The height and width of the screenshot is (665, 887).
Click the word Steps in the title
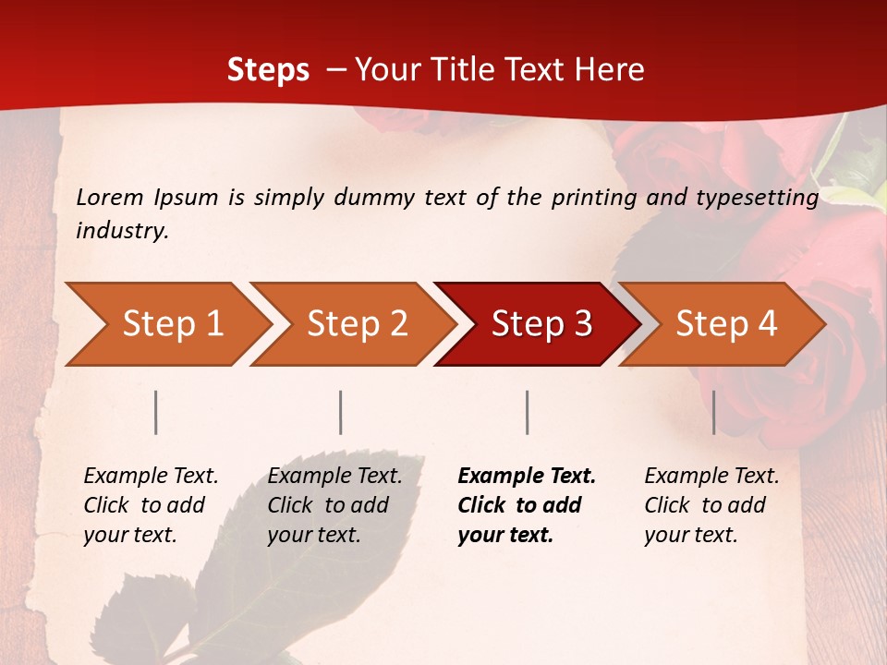pyautogui.click(x=268, y=70)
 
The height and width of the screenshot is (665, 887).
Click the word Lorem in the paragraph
pyautogui.click(x=110, y=198)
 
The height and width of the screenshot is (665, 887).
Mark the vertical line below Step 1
pyautogui.click(x=156, y=412)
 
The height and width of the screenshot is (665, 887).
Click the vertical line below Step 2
pyautogui.click(x=341, y=412)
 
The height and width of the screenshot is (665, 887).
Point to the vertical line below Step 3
pyautogui.click(x=528, y=412)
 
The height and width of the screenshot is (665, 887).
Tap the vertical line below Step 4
pyautogui.click(x=714, y=412)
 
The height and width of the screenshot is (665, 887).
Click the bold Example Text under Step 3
pyautogui.click(x=527, y=477)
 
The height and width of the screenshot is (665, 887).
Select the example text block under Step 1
pyautogui.click(x=151, y=505)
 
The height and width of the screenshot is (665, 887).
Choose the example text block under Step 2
pyautogui.click(x=334, y=505)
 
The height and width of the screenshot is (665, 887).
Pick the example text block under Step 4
pyautogui.click(x=711, y=505)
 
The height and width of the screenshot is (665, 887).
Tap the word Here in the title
pyautogui.click(x=612, y=70)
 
